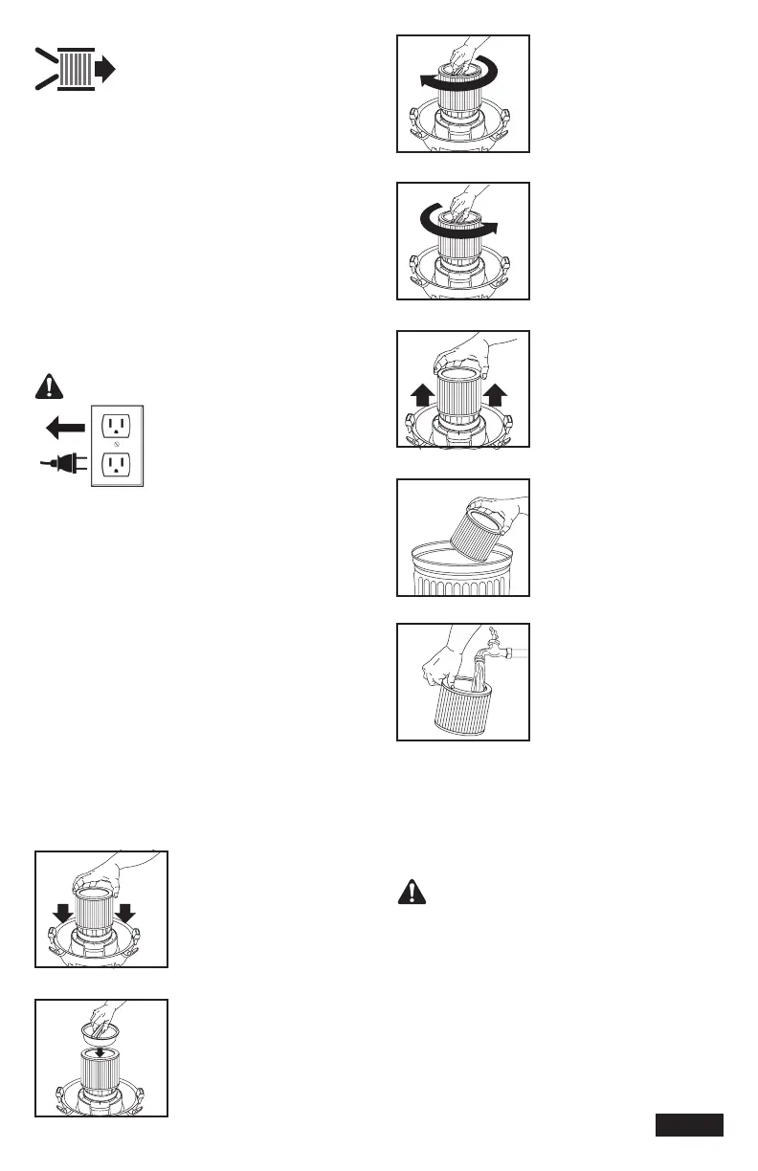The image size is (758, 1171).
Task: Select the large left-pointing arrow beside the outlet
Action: [x=64, y=425]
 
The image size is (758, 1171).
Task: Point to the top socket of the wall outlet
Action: [x=117, y=424]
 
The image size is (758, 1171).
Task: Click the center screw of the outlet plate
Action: [x=117, y=446]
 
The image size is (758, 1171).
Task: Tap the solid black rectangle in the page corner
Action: [x=689, y=1125]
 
